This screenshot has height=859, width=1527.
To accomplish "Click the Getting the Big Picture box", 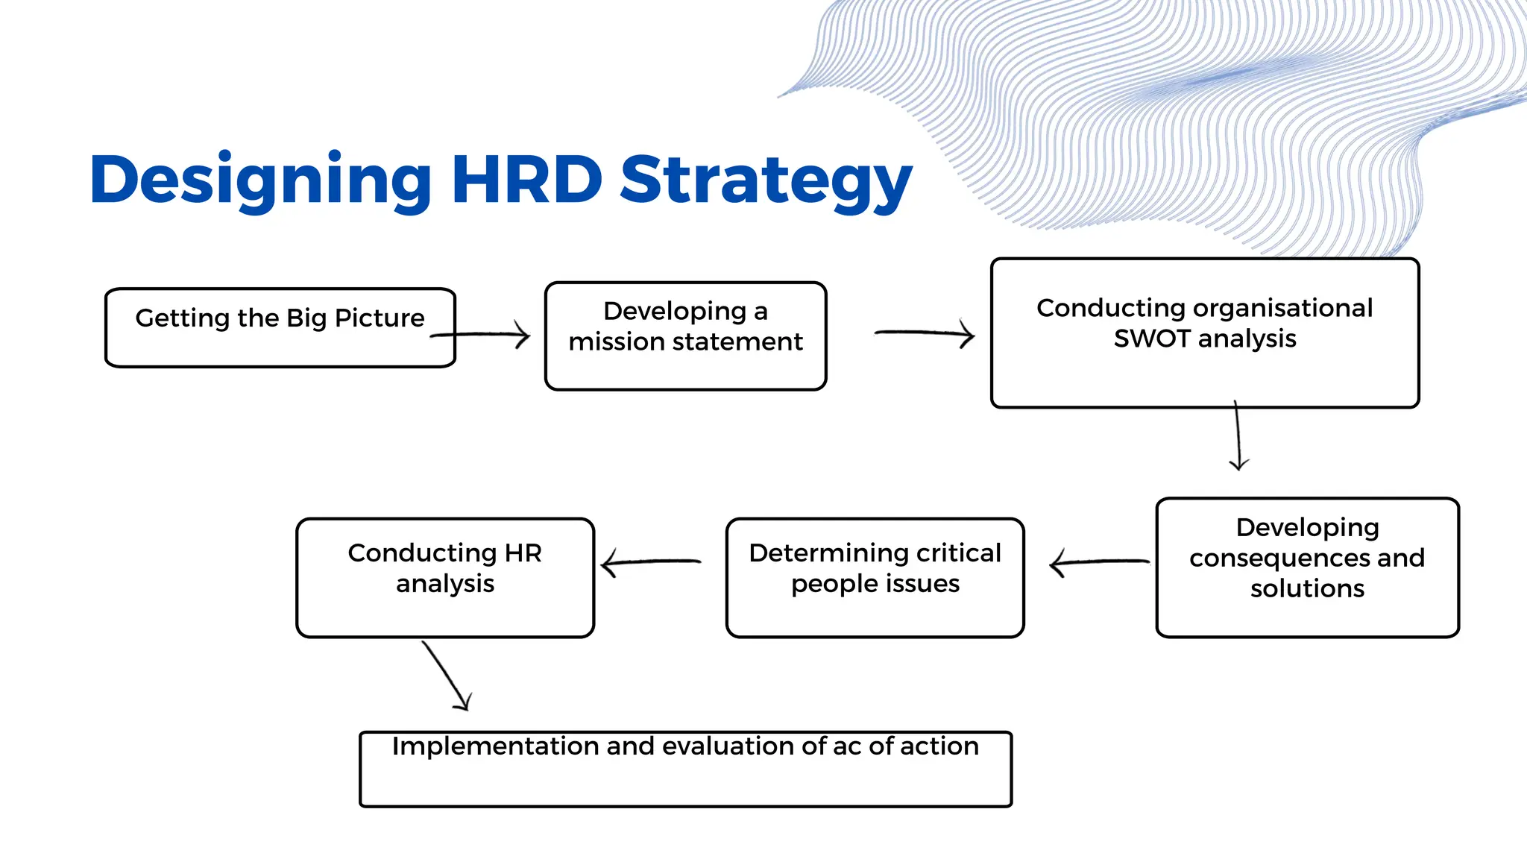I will point(280,328).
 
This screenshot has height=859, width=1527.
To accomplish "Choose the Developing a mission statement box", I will point(685,336).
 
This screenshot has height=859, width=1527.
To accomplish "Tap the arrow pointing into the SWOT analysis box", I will point(925,333).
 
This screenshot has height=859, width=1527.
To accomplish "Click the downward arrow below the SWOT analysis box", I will point(1238,436).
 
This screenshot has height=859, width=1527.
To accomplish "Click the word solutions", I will point(1307,588).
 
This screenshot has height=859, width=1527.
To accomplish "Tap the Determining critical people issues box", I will point(875,578).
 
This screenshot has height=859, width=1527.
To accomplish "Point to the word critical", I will point(958,553).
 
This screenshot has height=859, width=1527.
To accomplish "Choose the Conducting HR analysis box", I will point(445,578).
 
